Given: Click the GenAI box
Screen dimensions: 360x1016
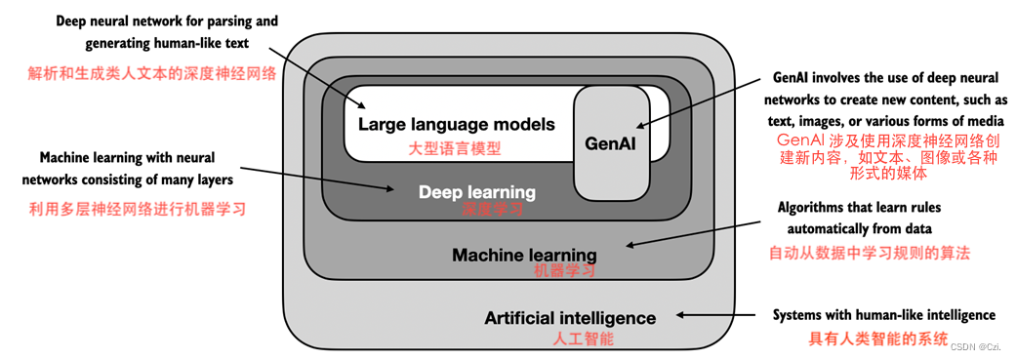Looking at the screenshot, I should pyautogui.click(x=611, y=142).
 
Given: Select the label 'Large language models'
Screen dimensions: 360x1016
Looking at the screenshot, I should pyautogui.click(x=456, y=124).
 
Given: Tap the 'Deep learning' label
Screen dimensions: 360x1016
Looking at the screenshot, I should pyautogui.click(x=477, y=192).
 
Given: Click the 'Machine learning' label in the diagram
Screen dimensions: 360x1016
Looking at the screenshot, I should pyautogui.click(x=524, y=255).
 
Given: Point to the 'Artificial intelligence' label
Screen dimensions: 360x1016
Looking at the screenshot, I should pyautogui.click(x=570, y=318).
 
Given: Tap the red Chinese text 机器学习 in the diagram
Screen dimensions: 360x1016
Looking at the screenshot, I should pyautogui.click(x=565, y=271).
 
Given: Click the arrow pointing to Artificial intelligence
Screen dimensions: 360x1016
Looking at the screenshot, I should pyautogui.click(x=718, y=315).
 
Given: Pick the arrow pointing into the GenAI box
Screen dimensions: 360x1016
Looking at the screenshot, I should pyautogui.click(x=683, y=110).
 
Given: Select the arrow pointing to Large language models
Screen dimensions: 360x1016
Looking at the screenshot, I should pyautogui.click(x=312, y=67).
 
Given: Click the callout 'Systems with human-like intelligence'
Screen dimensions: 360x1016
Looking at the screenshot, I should pyautogui.click(x=883, y=315).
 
